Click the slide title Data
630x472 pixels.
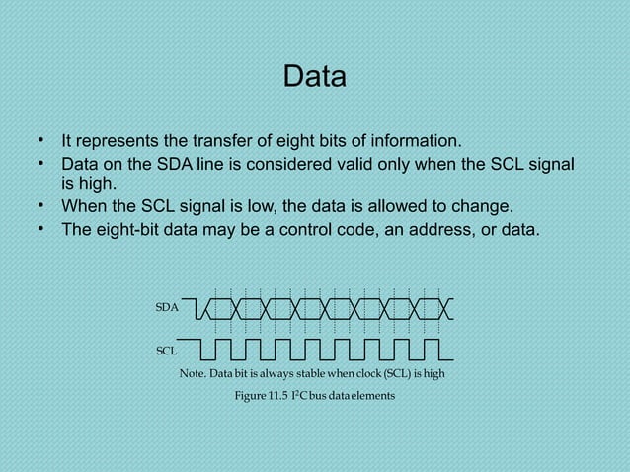tap(314, 76)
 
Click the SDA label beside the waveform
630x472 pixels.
tap(167, 308)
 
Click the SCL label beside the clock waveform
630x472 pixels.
tap(167, 350)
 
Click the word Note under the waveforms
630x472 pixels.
tap(192, 374)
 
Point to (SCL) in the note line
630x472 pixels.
tap(395, 374)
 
